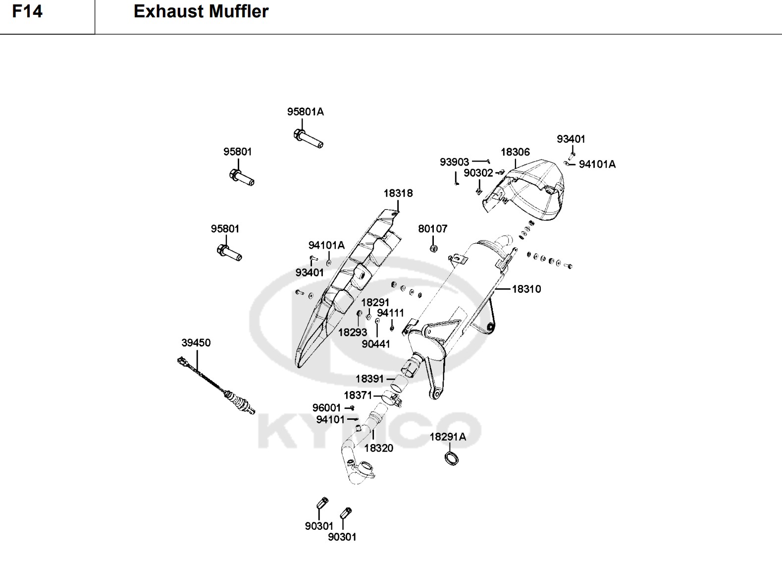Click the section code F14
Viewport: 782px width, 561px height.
pos(27,11)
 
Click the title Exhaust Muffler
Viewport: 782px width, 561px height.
pos(201,11)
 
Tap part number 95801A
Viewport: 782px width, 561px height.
pos(305,112)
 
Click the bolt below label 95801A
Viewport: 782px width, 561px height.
pos(308,138)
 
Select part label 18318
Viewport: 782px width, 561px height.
pos(398,193)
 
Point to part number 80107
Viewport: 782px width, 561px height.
pos(432,229)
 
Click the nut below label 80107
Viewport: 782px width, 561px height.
pos(433,247)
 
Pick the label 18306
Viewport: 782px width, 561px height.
pos(515,152)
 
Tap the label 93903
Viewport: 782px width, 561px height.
pos(454,162)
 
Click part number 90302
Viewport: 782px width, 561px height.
pos(478,173)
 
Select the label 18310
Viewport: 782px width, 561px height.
pos(526,289)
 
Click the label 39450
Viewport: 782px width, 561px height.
pos(196,343)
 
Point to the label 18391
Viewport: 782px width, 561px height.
pos(369,379)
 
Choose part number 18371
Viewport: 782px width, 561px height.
pos(358,395)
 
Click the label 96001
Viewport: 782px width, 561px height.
pos(326,408)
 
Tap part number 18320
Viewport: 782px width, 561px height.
pos(378,448)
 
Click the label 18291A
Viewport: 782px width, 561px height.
pos(447,437)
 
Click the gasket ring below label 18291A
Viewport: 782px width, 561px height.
pos(452,458)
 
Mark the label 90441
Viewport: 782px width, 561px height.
pos(375,344)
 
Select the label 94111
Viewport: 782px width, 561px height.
pos(390,313)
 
